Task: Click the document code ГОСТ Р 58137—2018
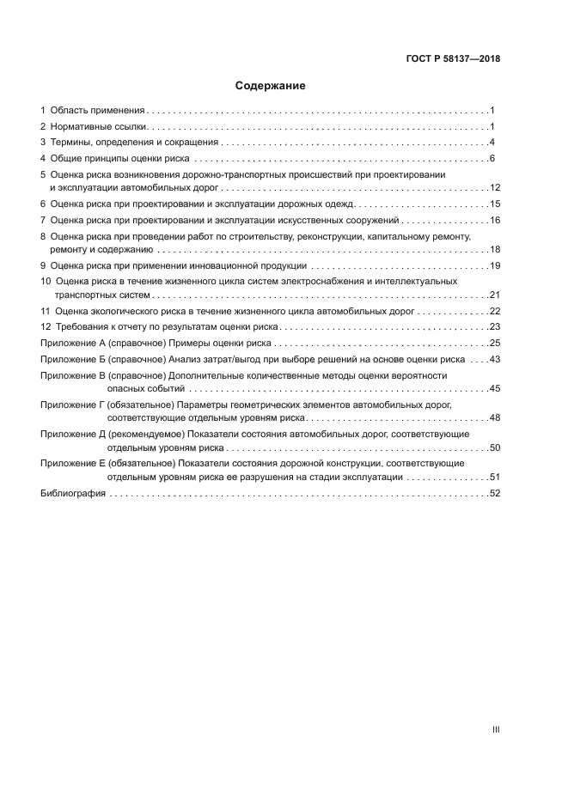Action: (453, 59)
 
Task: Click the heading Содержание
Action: (271, 86)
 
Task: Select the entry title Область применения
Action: (97, 111)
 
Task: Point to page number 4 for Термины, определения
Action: (492, 143)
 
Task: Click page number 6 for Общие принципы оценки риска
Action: (492, 159)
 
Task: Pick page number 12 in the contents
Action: (494, 187)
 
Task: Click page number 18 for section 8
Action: (494, 249)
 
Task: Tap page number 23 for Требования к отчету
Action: (494, 327)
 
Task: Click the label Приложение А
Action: (72, 344)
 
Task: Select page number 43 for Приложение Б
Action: (494, 360)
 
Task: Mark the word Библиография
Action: (73, 494)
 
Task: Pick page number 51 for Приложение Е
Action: (494, 477)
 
